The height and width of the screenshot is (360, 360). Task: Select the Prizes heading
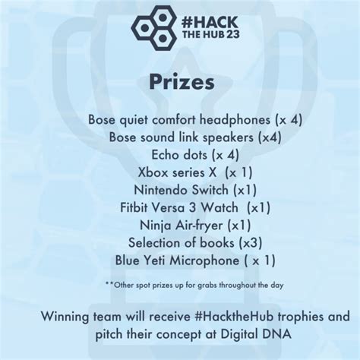click(180, 81)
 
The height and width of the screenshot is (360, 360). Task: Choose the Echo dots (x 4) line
click(180, 154)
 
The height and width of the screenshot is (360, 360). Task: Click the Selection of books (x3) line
click(180, 242)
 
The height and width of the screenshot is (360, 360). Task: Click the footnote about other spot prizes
click(180, 286)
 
